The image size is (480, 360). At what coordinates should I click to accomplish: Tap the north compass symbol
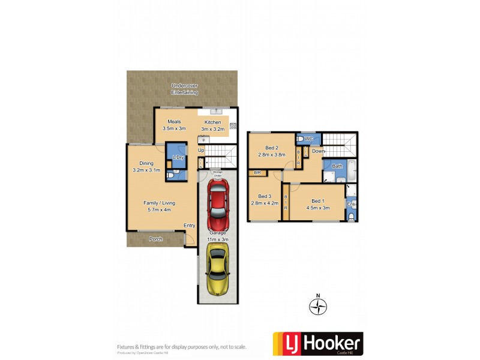[x=318, y=307]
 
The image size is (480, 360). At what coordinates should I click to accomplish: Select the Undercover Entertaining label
[x=185, y=89]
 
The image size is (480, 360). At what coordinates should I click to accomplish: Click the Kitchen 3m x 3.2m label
[x=211, y=125]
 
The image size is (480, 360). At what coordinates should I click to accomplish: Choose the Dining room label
[x=146, y=166]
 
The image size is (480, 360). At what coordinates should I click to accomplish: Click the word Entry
[x=190, y=225]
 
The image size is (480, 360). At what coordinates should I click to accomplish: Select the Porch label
[x=155, y=239]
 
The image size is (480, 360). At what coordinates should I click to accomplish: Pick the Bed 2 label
[x=272, y=151]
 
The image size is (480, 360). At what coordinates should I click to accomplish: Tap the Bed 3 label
[x=265, y=199]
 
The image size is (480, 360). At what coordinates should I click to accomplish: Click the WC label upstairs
[x=309, y=139]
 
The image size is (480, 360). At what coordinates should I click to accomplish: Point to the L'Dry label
[x=178, y=157]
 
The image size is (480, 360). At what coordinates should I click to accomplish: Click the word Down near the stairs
[x=318, y=151]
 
